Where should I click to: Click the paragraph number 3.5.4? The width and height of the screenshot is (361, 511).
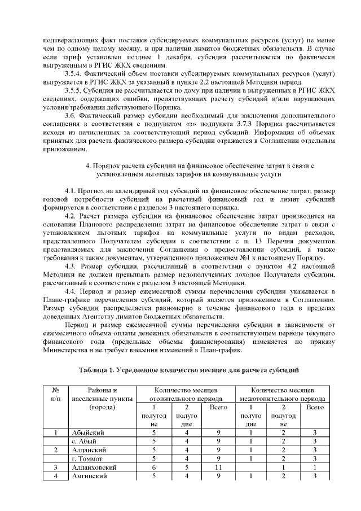click(76, 75)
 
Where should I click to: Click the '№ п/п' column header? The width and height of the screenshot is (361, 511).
click(56, 394)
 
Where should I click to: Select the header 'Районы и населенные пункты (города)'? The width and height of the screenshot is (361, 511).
click(102, 399)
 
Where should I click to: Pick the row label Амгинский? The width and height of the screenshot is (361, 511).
click(90, 477)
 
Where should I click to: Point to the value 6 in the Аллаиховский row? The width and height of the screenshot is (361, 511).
click(154, 468)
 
